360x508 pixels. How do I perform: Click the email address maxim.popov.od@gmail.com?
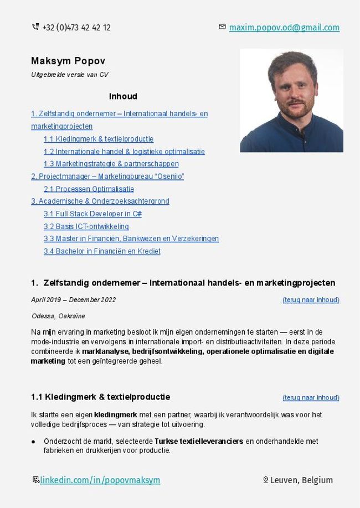tap(284, 27)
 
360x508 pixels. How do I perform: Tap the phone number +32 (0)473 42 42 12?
tap(76, 27)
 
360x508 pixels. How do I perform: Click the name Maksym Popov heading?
tap(68, 60)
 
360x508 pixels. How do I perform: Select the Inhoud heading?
tap(123, 96)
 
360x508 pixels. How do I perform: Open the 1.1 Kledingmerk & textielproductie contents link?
tap(99, 139)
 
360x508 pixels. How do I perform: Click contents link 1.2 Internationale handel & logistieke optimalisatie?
tap(124, 152)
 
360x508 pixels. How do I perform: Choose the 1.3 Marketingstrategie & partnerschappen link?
tap(111, 164)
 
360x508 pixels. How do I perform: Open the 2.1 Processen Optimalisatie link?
tap(89, 189)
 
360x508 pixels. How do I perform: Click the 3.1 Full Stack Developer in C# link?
tap(92, 214)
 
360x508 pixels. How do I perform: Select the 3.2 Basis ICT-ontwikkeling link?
tap(86, 226)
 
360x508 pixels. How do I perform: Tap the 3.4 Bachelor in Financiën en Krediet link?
tap(102, 251)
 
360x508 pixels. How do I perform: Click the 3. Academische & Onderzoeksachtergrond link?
tap(100, 201)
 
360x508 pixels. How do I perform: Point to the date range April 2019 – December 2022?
tap(74, 300)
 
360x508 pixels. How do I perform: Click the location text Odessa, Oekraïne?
tap(58, 316)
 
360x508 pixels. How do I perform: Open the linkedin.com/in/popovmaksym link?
tap(100, 480)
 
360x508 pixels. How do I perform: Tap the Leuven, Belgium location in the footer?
tap(301, 480)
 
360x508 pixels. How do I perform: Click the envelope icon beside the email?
tap(222, 27)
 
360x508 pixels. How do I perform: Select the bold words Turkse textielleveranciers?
tap(199, 442)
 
